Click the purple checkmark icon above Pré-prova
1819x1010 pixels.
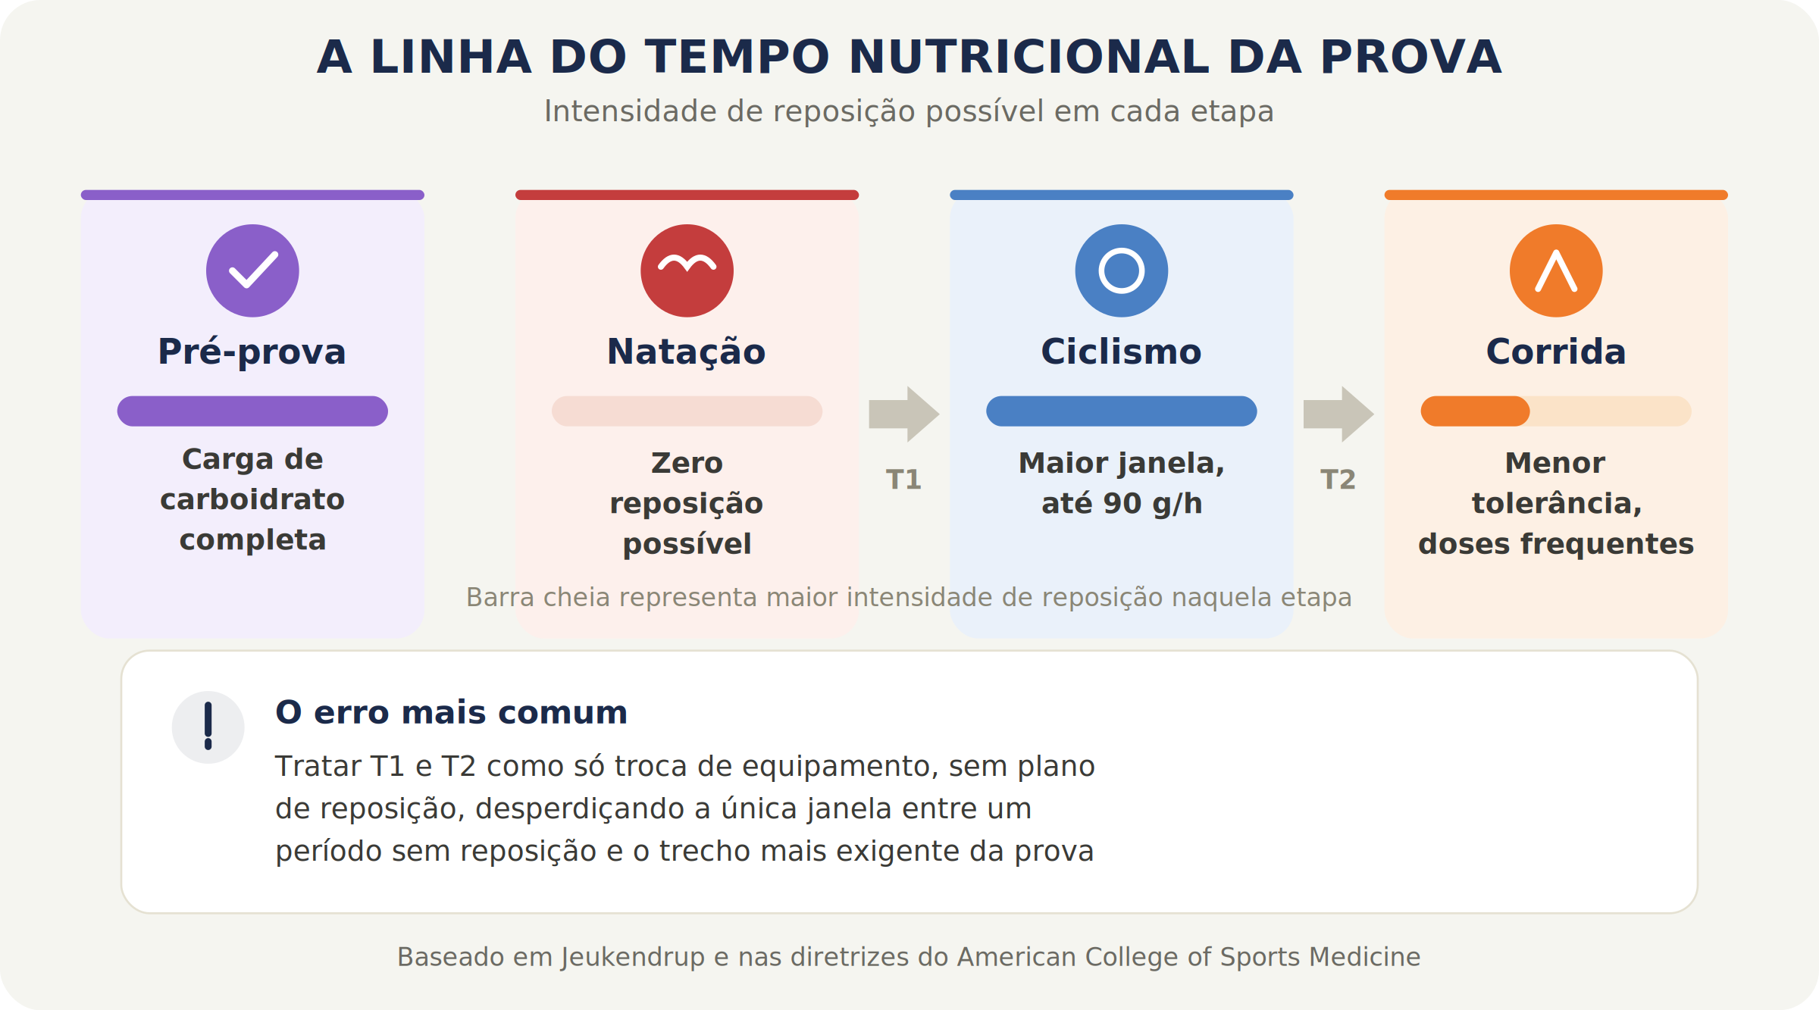click(252, 270)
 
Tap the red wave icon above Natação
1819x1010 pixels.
click(687, 270)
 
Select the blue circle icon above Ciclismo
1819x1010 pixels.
click(1122, 270)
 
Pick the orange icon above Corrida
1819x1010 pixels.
click(1556, 270)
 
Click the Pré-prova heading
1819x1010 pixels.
click(252, 352)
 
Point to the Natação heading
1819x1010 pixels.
click(687, 352)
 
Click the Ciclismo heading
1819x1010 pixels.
click(1122, 352)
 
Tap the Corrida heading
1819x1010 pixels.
click(1556, 352)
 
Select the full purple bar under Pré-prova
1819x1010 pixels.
click(252, 411)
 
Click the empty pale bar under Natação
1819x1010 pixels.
click(687, 411)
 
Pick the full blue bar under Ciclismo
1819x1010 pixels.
click(1122, 411)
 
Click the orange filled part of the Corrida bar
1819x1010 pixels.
click(1475, 411)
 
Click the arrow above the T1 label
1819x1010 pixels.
click(904, 414)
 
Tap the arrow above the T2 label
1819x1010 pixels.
click(1338, 414)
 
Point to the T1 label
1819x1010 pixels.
click(904, 480)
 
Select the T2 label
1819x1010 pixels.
click(1338, 480)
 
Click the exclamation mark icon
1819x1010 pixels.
click(208, 727)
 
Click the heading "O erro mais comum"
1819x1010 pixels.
click(452, 713)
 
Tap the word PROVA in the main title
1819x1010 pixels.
click(1410, 58)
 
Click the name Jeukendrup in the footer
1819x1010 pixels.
click(633, 957)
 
